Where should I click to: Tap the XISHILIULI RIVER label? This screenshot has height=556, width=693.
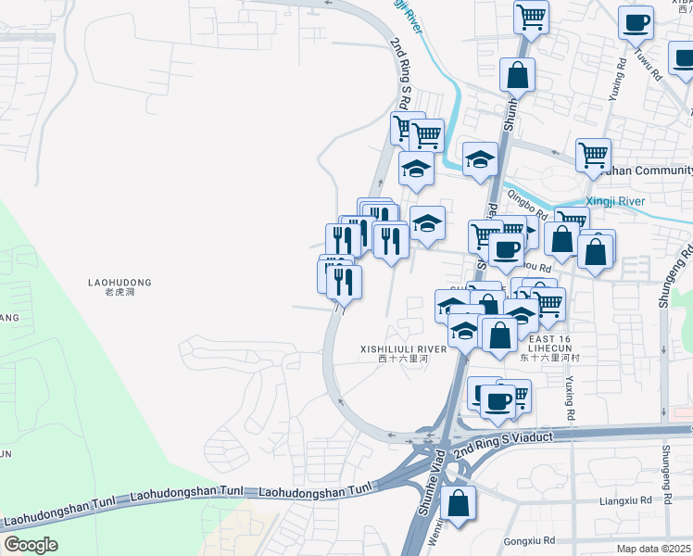tap(404, 348)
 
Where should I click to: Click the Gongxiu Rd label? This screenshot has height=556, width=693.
tap(529, 540)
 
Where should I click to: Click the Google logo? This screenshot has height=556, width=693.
tap(30, 545)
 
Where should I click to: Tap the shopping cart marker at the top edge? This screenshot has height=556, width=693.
tap(532, 17)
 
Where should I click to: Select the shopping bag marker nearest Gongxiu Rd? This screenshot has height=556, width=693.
tap(458, 505)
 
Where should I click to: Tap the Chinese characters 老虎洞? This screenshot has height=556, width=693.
tap(120, 292)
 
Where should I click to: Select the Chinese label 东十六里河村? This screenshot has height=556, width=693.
tap(550, 357)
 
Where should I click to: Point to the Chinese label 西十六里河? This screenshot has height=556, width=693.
tap(404, 359)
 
